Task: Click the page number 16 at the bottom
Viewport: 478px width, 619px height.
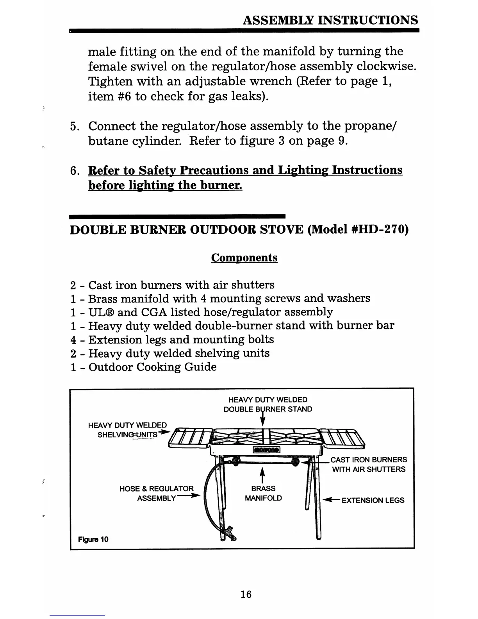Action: point(246,594)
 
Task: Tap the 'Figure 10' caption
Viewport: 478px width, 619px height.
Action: point(93,539)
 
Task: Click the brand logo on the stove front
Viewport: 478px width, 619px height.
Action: point(266,450)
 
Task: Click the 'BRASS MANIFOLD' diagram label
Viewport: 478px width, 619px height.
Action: point(263,493)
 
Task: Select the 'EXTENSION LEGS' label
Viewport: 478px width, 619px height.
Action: point(373,500)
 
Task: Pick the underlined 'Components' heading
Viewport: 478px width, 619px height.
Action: point(244,258)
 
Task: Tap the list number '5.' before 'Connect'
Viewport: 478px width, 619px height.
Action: point(75,126)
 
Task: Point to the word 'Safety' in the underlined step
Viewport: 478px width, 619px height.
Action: point(157,170)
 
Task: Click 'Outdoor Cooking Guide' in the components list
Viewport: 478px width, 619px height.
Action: point(152,367)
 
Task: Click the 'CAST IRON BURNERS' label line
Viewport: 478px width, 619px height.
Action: point(369,460)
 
